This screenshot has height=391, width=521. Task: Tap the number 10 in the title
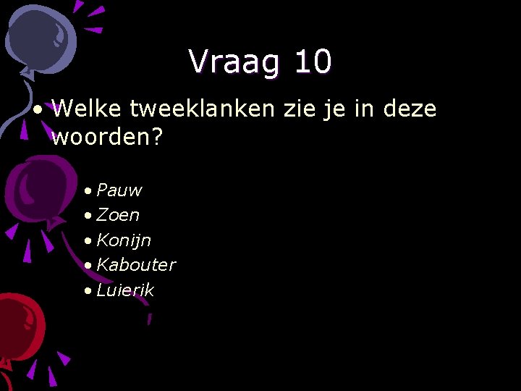click(313, 62)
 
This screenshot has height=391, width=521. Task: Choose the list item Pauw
click(119, 190)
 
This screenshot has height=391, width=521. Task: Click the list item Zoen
click(118, 215)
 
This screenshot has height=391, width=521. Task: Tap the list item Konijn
click(124, 240)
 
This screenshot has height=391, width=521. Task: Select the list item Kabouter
click(136, 264)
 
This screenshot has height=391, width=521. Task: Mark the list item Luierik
click(125, 290)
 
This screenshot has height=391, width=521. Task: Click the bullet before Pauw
click(87, 191)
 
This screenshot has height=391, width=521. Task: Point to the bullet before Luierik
click(87, 290)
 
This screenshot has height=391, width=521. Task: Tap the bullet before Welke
click(37, 110)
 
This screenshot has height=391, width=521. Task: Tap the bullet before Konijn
click(87, 240)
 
